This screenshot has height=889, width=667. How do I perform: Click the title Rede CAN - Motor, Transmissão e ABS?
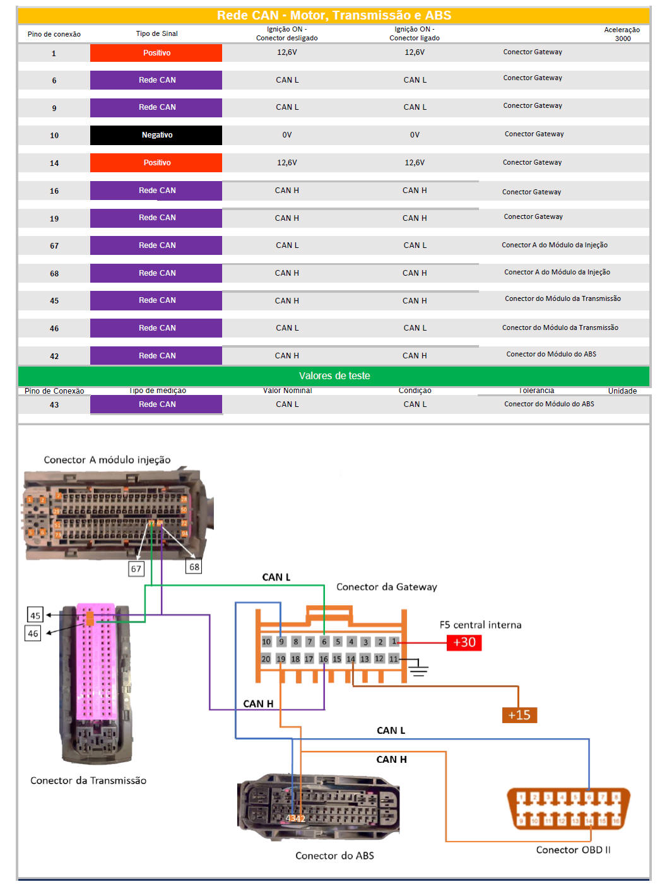[334, 16]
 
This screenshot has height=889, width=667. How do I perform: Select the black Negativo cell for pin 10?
[156, 135]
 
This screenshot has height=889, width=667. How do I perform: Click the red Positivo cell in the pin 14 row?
[156, 163]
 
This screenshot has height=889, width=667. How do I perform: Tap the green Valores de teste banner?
[334, 376]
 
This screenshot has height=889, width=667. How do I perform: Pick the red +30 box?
[464, 642]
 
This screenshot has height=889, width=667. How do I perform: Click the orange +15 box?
[519, 715]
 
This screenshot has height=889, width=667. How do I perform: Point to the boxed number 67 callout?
[136, 569]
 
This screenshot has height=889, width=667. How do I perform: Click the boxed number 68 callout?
[194, 567]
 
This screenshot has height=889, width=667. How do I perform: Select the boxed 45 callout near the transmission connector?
[35, 615]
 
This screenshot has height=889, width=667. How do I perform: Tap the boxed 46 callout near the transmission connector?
[33, 633]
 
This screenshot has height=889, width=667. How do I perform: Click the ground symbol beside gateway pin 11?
[418, 669]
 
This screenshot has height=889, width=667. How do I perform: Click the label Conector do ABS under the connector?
[334, 856]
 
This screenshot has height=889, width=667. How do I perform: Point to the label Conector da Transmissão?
[88, 781]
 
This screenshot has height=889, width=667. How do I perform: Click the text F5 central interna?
[480, 625]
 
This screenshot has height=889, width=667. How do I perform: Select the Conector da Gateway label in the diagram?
[386, 587]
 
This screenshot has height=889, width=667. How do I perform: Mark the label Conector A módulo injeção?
[107, 461]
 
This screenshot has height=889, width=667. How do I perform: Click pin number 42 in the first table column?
[54, 356]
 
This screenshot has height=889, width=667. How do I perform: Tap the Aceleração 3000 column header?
[622, 34]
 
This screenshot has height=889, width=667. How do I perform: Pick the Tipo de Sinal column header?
[156, 34]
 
